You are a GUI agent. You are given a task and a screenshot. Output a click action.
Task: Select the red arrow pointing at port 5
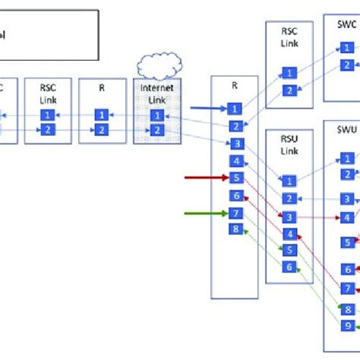point(206,178)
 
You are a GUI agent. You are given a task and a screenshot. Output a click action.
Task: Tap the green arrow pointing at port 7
point(206,213)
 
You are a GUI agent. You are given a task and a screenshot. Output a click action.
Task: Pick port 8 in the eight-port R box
point(236,229)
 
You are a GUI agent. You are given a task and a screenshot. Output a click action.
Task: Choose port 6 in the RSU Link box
point(289,267)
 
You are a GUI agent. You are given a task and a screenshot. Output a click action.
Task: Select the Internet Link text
point(157,93)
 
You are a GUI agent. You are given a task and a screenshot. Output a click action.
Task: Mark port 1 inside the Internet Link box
point(157,115)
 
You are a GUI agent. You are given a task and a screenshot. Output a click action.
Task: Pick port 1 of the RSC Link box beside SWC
point(289,73)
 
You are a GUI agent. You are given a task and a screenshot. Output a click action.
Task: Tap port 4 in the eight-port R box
point(236,161)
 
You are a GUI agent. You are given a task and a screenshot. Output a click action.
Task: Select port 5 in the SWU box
point(347,242)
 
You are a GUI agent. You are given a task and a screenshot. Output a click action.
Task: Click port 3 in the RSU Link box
point(289,217)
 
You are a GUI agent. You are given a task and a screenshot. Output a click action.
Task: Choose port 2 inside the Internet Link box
point(157,131)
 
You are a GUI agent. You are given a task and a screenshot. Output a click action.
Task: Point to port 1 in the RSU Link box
point(289,181)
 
